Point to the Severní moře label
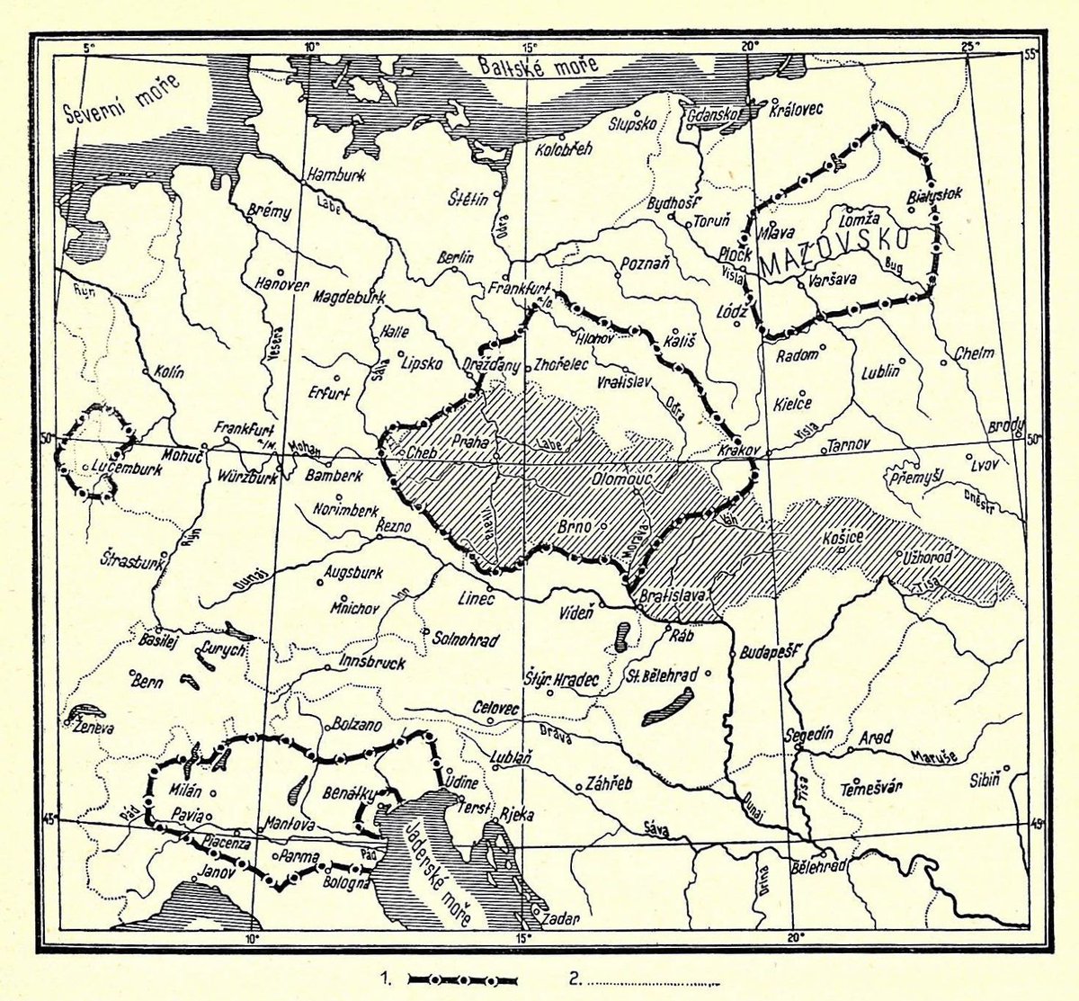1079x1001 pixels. click(x=122, y=98)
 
